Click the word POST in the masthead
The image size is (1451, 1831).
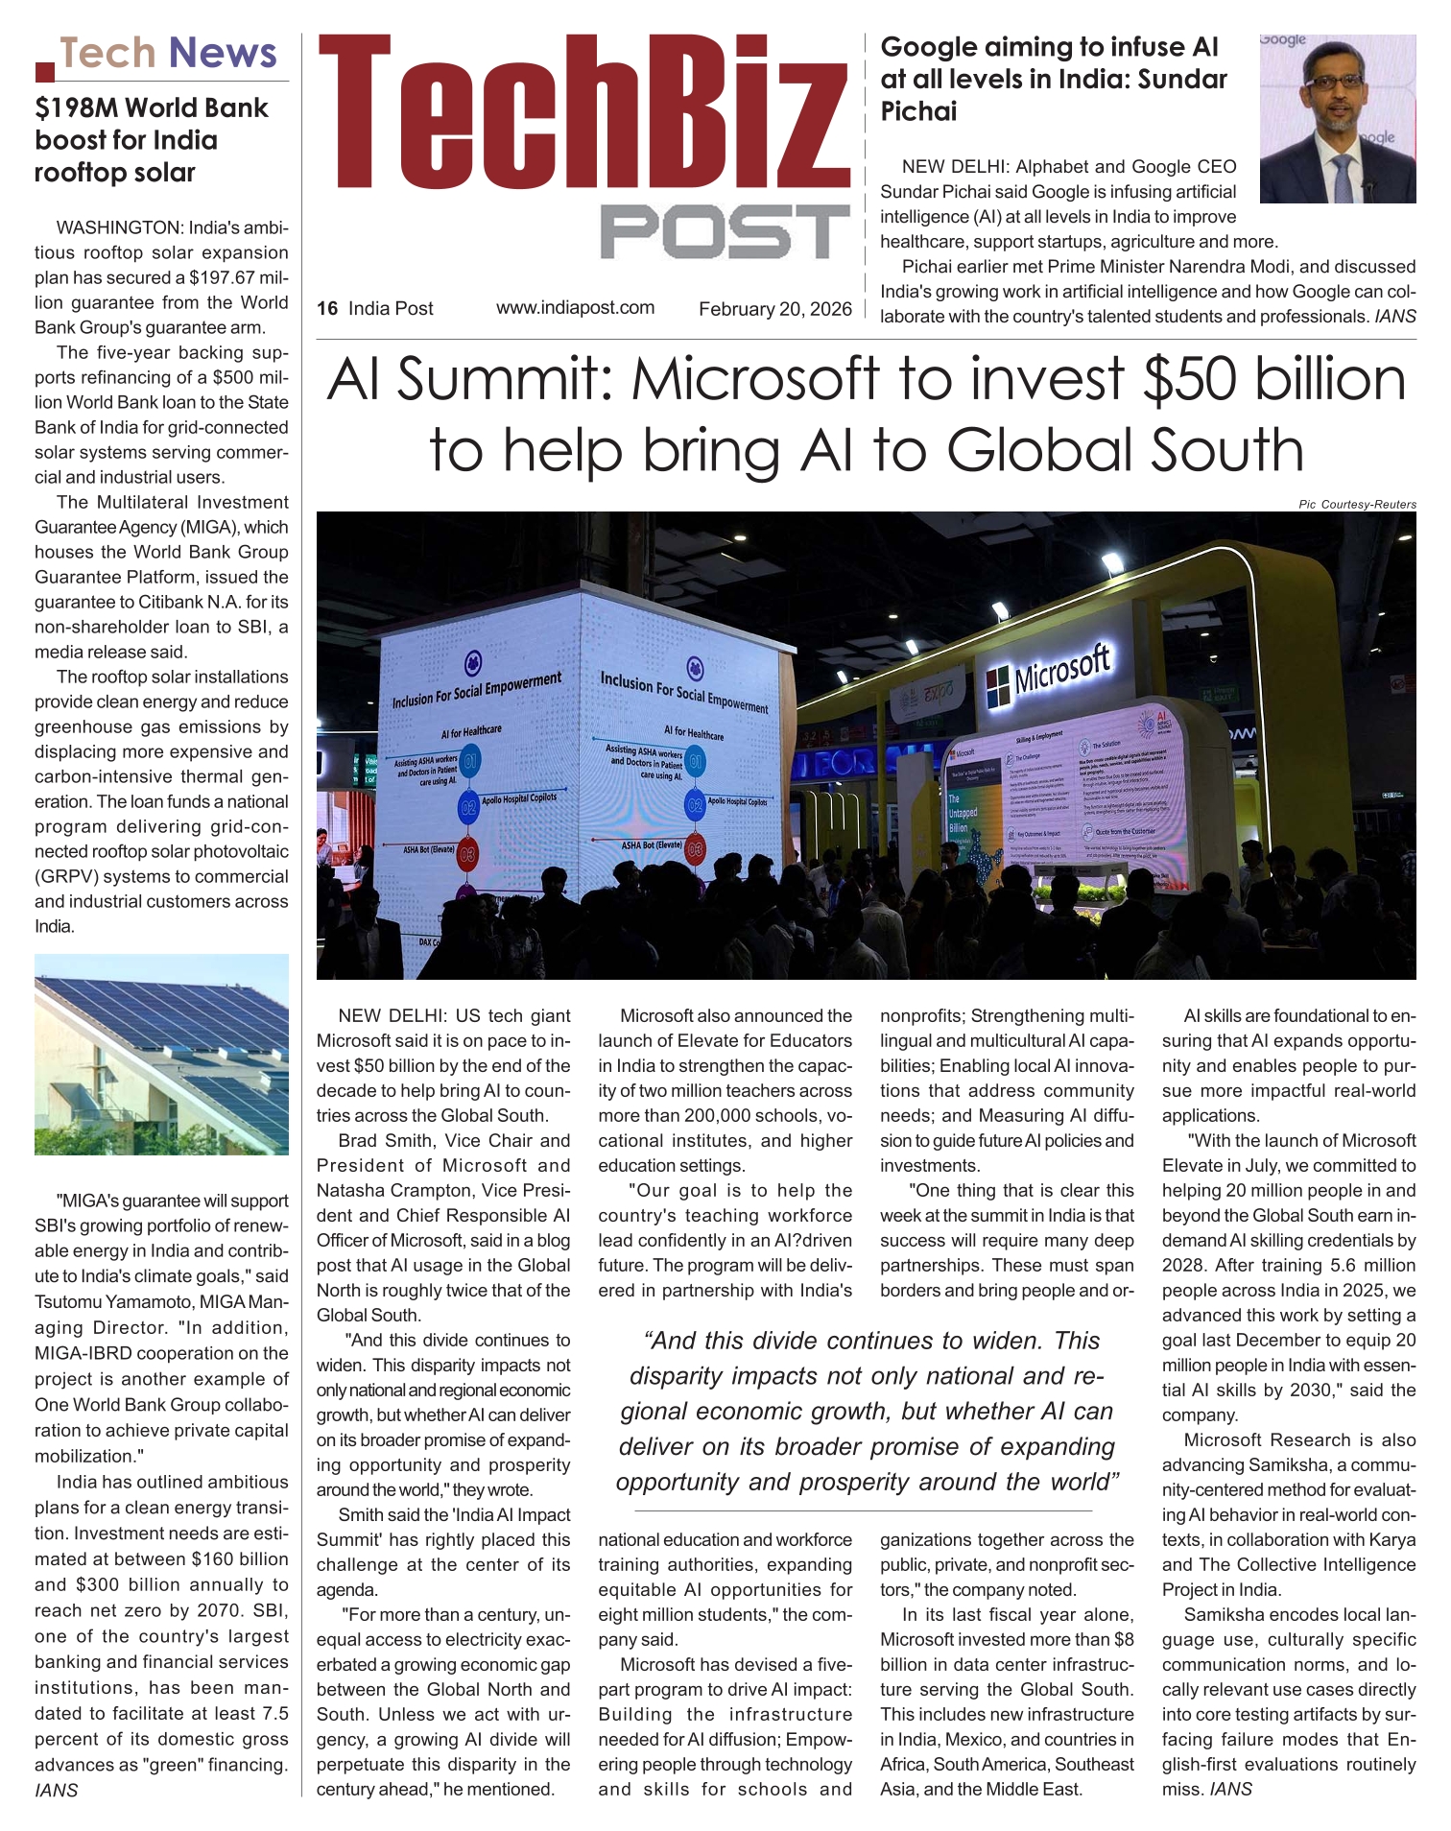725,231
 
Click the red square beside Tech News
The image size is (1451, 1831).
44,70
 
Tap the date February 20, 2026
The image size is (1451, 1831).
774,309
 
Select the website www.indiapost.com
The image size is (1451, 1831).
575,308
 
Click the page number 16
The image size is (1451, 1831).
327,309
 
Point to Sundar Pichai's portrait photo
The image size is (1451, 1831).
1337,119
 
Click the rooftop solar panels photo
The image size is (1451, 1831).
161,1054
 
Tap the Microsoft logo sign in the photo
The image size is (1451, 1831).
1048,673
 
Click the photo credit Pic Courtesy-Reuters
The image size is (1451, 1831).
1357,504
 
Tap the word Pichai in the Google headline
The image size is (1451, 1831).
918,112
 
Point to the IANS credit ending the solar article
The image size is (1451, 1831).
56,1790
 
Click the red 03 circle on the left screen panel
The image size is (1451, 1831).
468,853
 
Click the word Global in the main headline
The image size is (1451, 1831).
1041,451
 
